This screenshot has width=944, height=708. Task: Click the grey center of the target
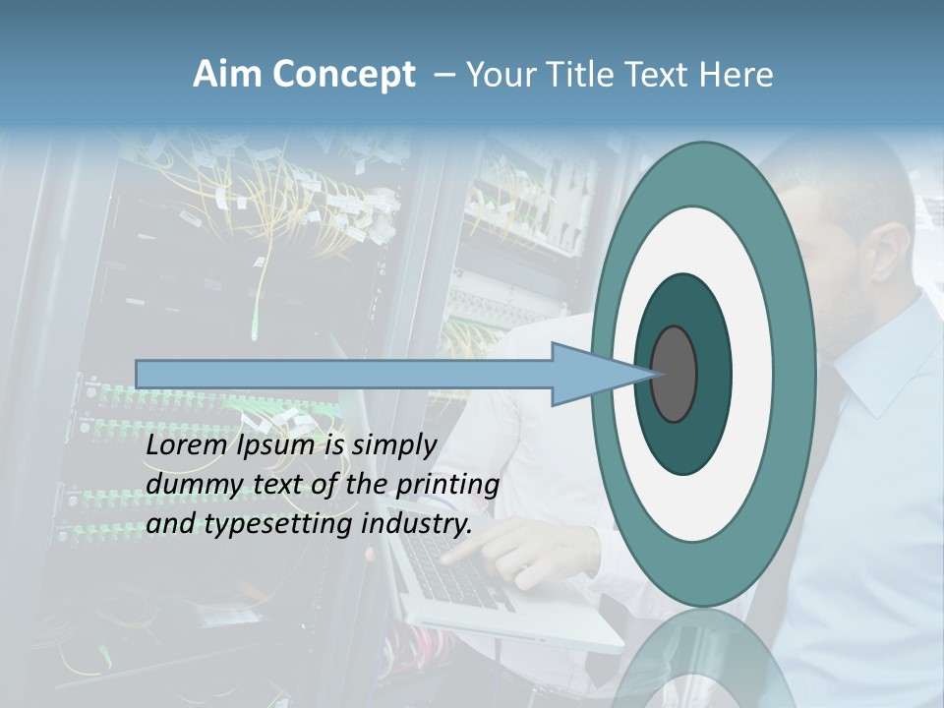coord(675,374)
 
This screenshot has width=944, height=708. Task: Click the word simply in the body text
coord(393,446)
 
